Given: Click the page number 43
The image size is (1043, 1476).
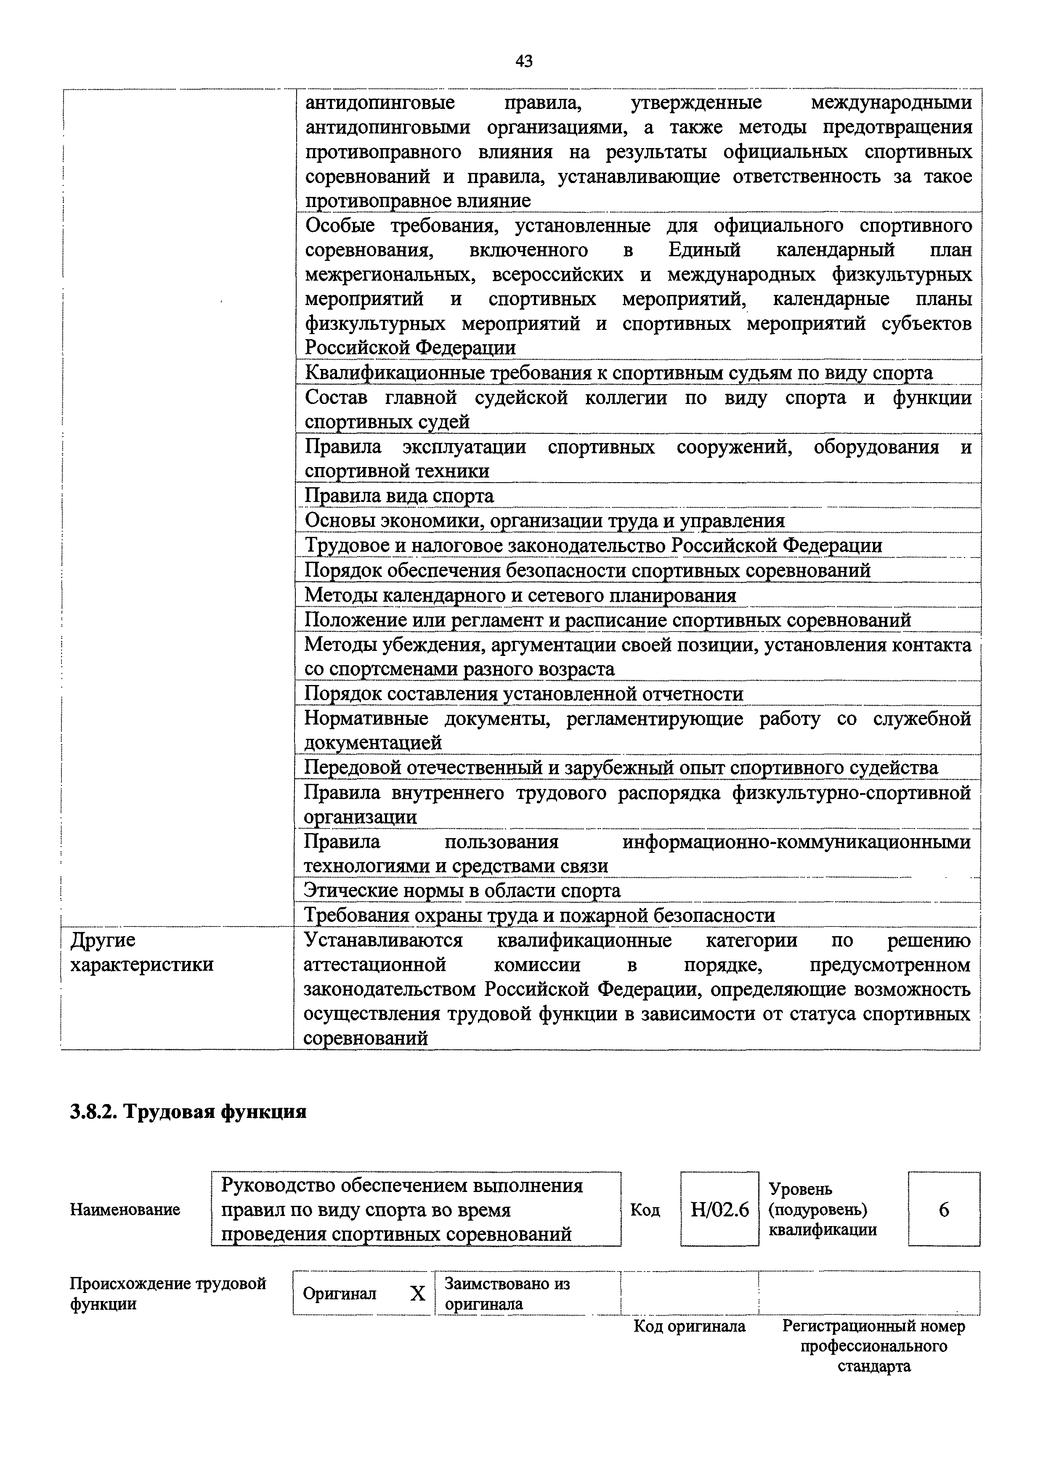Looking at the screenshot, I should tap(524, 61).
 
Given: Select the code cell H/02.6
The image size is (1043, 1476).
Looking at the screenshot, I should tap(720, 1211).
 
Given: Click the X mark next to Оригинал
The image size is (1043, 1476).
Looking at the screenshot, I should tap(418, 1293).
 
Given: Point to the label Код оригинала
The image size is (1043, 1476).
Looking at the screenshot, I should tap(690, 1326).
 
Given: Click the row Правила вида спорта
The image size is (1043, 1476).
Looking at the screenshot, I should tap(399, 496).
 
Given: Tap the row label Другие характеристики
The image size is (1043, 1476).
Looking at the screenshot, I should tap(141, 953).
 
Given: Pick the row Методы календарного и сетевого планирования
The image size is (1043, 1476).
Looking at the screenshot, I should tap(520, 595).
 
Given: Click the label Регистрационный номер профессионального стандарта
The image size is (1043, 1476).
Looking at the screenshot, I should tap(874, 1346).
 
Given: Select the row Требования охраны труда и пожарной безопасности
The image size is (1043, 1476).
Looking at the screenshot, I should tap(539, 915).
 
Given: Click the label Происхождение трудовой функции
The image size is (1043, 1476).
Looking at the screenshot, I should tap(167, 1293).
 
